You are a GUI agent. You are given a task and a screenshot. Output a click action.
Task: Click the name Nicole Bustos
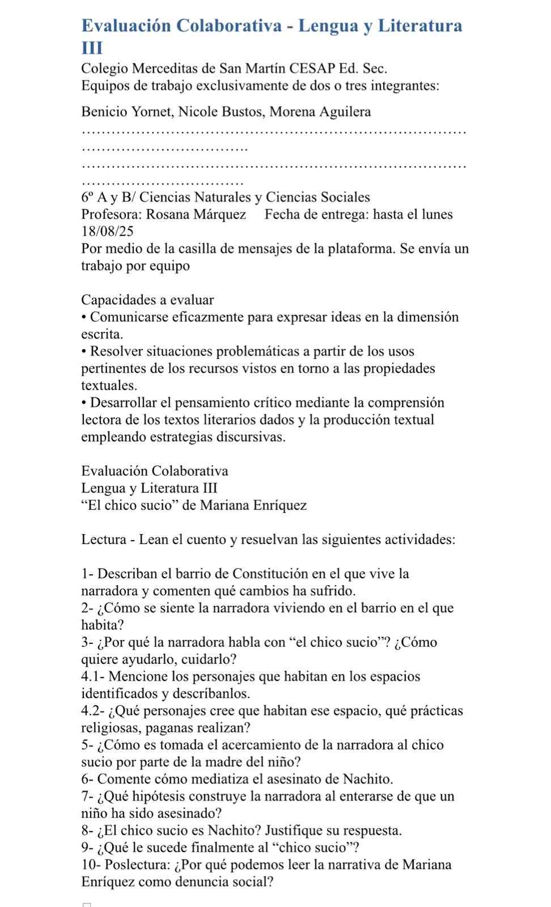pos(221,112)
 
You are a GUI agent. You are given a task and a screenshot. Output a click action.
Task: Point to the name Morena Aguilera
pos(320,112)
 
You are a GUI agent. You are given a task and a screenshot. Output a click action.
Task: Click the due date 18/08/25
pos(108,231)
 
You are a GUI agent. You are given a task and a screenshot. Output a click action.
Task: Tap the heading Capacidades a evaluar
pos(147,300)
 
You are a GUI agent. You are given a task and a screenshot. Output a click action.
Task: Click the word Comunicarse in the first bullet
pos(126,317)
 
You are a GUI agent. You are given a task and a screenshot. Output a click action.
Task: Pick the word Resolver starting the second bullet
pos(116,351)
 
